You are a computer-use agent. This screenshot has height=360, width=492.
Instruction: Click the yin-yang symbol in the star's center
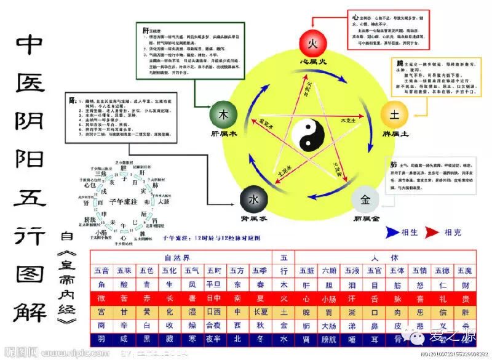310,135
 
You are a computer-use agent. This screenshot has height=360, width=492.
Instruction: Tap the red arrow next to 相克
432,232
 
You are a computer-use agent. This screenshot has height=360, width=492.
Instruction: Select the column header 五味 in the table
124,270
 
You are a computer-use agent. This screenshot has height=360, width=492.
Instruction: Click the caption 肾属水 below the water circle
253,219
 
